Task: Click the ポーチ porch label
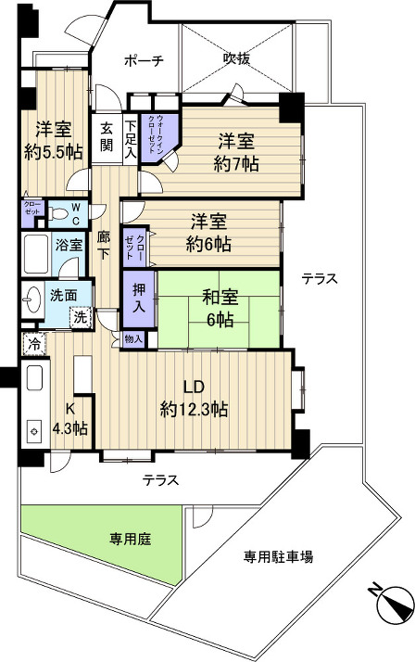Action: (x=145, y=61)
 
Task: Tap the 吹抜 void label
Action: (x=235, y=58)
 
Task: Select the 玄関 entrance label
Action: (x=107, y=136)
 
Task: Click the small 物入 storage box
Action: (x=134, y=340)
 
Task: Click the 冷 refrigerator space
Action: (x=34, y=344)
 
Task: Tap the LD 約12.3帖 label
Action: (x=195, y=398)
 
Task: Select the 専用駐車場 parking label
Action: (x=278, y=556)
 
